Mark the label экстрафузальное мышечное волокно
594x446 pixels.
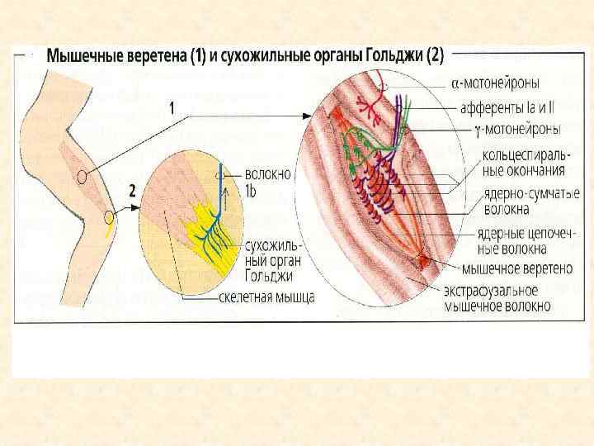(x=497, y=298)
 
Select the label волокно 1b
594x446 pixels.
(x=267, y=182)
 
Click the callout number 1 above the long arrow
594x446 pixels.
(x=171, y=107)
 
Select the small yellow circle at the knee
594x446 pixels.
(x=110, y=218)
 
